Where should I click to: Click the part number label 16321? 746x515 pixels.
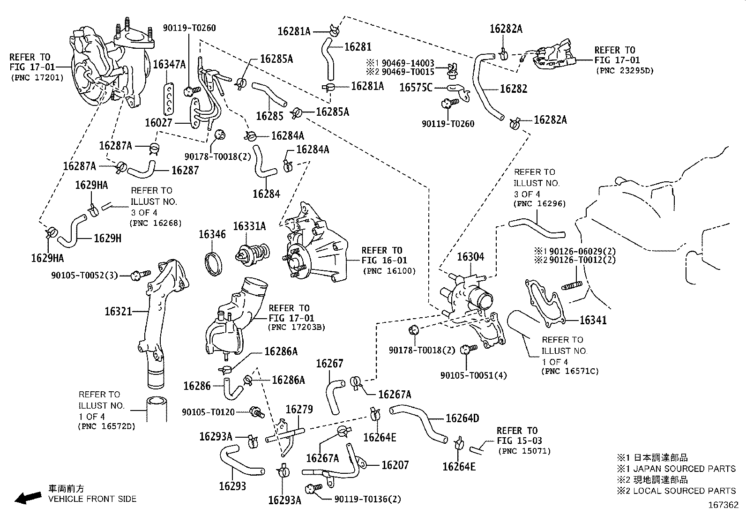[118, 311]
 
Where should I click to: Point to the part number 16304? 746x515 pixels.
[470, 257]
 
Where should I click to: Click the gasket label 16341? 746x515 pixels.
[593, 321]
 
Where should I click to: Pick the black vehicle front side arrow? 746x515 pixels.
[28, 497]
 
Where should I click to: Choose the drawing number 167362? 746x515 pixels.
[723, 506]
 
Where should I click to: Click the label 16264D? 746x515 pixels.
[462, 418]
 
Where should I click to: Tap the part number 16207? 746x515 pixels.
[395, 465]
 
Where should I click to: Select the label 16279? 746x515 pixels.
[299, 410]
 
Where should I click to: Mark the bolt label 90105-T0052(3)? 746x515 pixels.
[84, 276]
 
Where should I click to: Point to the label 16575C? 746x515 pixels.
[416, 87]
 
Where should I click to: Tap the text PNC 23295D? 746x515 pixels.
[624, 71]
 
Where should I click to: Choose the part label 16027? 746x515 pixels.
[159, 123]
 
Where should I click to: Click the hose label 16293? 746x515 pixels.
[232, 486]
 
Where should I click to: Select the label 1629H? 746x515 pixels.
[107, 239]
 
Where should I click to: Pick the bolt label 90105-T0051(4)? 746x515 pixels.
[473, 375]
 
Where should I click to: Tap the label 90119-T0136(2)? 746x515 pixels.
[368, 499]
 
